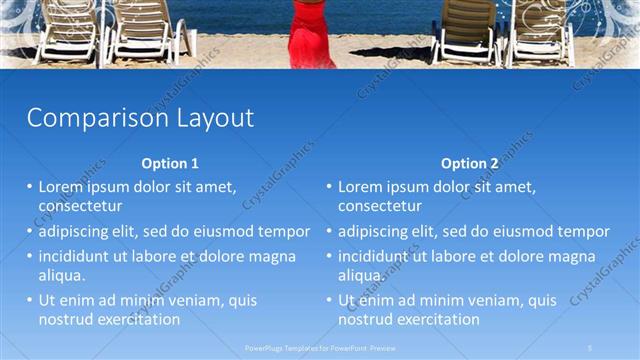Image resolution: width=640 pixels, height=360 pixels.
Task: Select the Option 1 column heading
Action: point(170,163)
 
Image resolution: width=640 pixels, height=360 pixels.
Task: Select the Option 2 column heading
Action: point(469,163)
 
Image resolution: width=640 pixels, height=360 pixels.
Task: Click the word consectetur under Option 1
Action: point(81,206)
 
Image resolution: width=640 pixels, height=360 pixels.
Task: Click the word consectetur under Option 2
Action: point(380,206)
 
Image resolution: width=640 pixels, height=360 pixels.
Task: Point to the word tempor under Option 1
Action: point(284,231)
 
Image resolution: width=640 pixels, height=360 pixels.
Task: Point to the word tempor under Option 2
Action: point(584,231)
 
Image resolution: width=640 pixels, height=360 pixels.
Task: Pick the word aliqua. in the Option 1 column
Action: point(62,275)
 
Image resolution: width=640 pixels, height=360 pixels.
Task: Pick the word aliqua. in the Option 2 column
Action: point(361,275)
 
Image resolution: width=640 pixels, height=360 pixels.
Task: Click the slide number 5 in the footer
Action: point(590,347)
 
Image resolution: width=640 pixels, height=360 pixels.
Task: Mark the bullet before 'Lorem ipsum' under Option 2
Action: point(329,187)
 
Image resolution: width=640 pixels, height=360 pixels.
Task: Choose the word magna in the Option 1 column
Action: point(272,256)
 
